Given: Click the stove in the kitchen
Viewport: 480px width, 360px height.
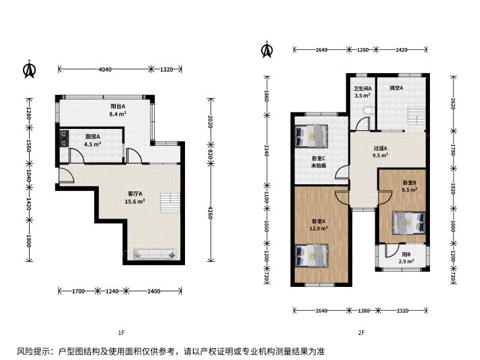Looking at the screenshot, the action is point(65,139).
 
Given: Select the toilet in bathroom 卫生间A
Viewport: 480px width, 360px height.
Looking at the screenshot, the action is point(367,111).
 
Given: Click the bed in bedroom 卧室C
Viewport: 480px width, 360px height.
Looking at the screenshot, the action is point(311,136).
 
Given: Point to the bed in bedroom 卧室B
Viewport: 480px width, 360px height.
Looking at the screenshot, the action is point(409,222).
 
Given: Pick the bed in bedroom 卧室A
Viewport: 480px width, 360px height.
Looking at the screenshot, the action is point(311,255).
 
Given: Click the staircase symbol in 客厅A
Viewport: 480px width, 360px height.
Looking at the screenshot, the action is point(170,203).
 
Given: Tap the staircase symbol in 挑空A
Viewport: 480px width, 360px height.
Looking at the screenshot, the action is point(417,116).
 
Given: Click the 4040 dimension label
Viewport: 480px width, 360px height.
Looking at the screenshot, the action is point(105,69).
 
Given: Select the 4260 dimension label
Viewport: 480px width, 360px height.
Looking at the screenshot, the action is point(211,213).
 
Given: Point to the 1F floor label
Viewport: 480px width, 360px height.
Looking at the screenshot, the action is point(122,332).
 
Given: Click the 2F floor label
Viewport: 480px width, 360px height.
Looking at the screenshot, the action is point(361,332).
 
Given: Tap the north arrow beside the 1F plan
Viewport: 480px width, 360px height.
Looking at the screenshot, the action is point(30,69).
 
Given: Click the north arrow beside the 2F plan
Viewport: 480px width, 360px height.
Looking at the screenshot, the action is point(267,49).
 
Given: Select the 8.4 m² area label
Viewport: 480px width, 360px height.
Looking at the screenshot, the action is point(118,114).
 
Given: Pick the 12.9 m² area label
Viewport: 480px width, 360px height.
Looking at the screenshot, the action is point(319,228).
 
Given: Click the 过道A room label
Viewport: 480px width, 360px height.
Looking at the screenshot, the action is point(381,148).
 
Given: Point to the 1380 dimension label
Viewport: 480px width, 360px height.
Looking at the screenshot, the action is point(363,311).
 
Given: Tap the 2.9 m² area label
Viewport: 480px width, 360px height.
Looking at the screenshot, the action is point(406,261).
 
